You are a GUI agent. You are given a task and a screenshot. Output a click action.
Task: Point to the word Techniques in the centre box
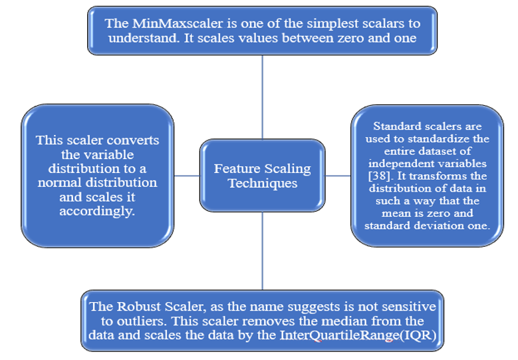click(263, 183)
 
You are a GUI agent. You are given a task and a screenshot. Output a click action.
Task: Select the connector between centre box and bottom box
click(262, 252)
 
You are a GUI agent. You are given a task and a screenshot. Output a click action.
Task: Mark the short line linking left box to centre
click(187, 176)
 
